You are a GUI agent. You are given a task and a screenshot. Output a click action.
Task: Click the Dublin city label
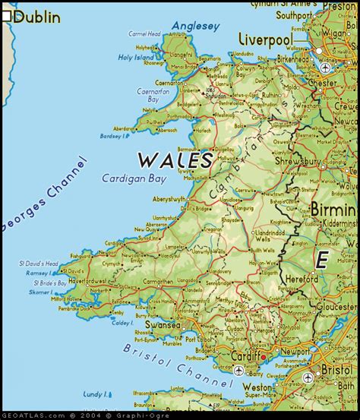[x=37, y=16]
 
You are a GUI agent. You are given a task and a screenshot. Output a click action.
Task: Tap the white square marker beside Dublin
[x=7, y=15]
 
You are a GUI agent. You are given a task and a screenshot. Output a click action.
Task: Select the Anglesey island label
[x=195, y=26]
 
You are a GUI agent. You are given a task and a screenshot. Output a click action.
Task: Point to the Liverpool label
[x=266, y=39]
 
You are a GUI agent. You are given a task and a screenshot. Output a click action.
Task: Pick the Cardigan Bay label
[x=133, y=179]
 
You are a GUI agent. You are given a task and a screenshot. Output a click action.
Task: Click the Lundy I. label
[x=95, y=394]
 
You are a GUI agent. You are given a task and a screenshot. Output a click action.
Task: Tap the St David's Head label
[x=39, y=264]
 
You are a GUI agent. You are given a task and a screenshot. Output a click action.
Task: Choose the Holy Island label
[x=135, y=58]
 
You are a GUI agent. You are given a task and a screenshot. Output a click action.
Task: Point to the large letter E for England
[x=322, y=261]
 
